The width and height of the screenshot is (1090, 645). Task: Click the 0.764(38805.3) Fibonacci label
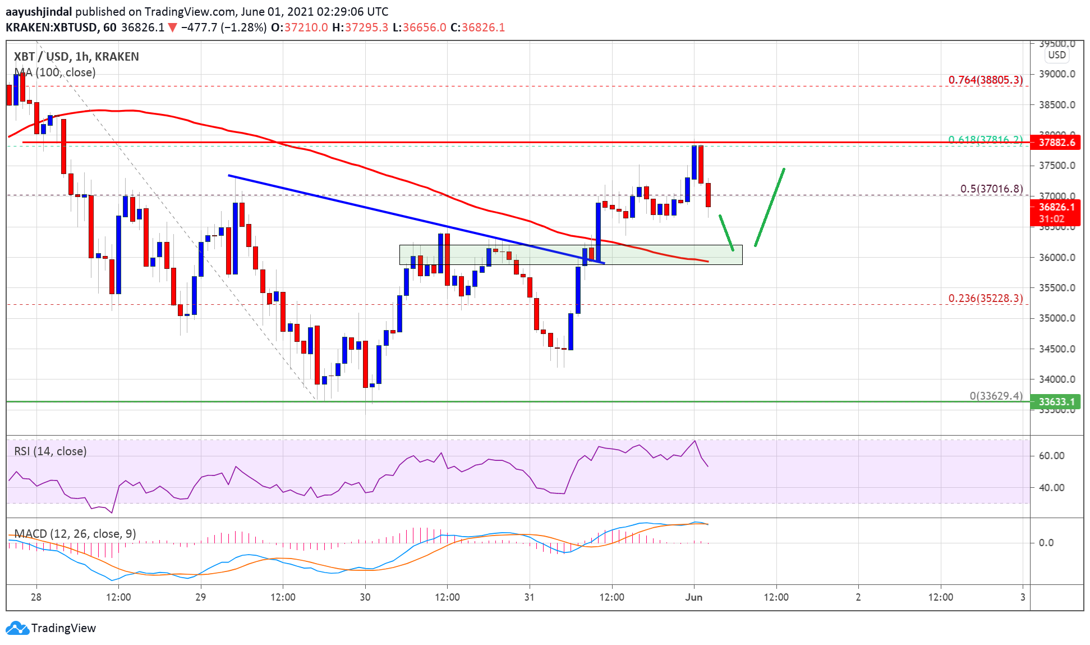985,80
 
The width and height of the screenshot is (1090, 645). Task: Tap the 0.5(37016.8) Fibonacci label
991,189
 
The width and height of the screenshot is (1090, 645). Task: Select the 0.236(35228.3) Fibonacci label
985,299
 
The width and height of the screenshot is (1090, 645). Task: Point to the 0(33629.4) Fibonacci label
996,396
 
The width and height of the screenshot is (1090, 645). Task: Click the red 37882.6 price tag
1056,143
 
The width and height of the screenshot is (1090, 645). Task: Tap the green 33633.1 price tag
1056,402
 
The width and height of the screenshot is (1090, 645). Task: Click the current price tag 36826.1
1056,208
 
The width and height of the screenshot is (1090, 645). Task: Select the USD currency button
1057,55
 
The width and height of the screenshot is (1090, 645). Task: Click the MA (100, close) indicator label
55,72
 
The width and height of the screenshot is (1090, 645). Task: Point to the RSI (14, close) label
50,451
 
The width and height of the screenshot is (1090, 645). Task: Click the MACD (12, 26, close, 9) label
75,534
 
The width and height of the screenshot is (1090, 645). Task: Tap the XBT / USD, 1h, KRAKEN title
76,57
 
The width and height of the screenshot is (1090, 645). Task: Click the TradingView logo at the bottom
51,628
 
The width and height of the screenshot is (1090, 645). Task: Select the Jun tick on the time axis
694,597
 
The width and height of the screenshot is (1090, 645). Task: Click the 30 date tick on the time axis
365,597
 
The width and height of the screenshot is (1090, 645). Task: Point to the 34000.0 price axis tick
1057,379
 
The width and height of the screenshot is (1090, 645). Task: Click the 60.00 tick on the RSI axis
1051,456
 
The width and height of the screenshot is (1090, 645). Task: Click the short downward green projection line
726,232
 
